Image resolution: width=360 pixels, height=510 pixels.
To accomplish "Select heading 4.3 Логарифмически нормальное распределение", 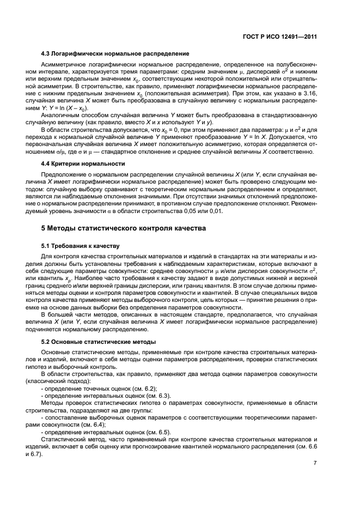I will point(115,53).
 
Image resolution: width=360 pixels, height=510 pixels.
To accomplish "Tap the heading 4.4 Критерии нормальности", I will point(84,163).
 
